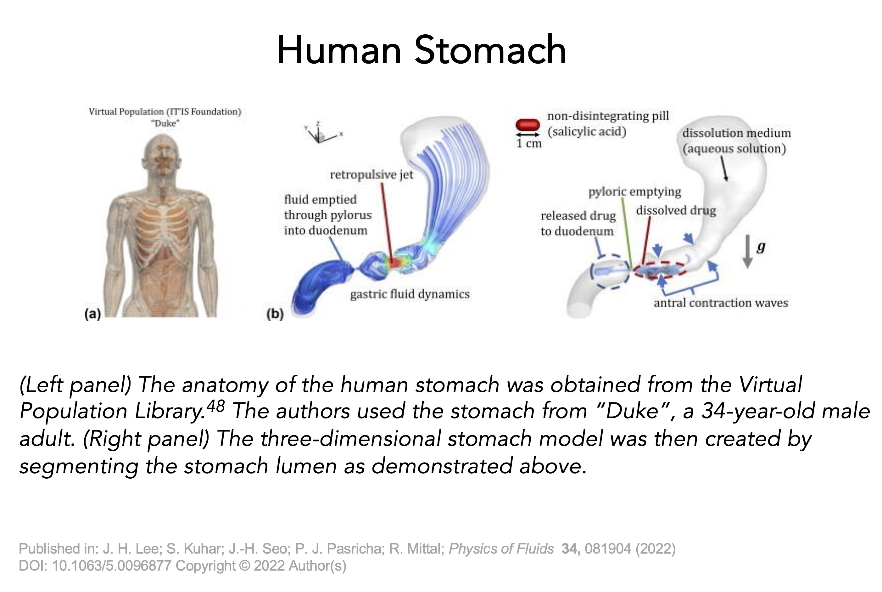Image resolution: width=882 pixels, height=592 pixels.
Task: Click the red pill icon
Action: (528, 125)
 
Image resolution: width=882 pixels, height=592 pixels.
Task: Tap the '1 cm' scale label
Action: (529, 144)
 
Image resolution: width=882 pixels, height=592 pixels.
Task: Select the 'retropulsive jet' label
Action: (371, 175)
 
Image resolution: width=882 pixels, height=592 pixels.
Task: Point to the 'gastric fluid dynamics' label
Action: (410, 294)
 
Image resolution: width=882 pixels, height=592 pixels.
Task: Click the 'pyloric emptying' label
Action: (635, 192)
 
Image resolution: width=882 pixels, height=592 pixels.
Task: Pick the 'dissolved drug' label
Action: (676, 210)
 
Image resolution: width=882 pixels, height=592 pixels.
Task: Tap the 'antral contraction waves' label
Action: (721, 303)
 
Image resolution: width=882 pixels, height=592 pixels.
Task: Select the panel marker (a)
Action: (93, 314)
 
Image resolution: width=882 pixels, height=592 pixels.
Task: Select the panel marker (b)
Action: (275, 314)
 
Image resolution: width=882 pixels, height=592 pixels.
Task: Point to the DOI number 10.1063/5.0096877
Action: (112, 566)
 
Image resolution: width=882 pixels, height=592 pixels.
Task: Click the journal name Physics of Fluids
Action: (501, 549)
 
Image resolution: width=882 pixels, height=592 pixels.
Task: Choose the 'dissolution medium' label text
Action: (736, 133)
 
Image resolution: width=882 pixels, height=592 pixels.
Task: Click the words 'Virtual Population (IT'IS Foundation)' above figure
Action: (165, 112)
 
